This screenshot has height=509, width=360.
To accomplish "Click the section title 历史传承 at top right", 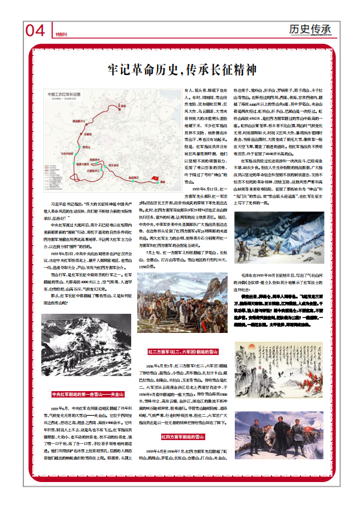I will [x=309, y=29].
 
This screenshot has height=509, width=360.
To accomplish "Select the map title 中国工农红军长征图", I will [x=68, y=95].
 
